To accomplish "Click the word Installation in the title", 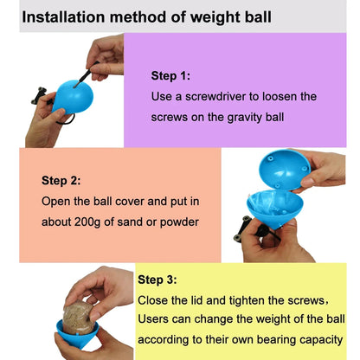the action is [63, 17].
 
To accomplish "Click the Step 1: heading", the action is [170, 76].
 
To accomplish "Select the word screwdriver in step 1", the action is [215, 96].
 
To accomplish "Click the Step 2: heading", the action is [61, 181].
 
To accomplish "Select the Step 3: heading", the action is [157, 280].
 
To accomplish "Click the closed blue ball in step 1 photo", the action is [73, 97].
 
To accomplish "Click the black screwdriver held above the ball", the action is [86, 74].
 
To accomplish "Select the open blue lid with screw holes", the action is [285, 170].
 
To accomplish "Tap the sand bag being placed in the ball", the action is [79, 318].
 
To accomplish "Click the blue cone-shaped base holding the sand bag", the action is [77, 335].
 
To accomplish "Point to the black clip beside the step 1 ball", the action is [40, 96].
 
